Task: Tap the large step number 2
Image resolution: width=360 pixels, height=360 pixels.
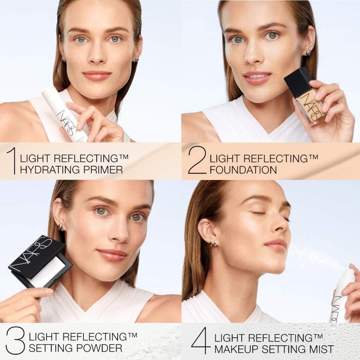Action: click(197, 161)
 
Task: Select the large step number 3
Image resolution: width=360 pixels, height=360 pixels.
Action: click(15, 340)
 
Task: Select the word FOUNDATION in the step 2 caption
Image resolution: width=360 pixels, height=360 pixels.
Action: click(243, 170)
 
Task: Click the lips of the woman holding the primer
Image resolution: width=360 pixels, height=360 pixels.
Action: click(97, 75)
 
